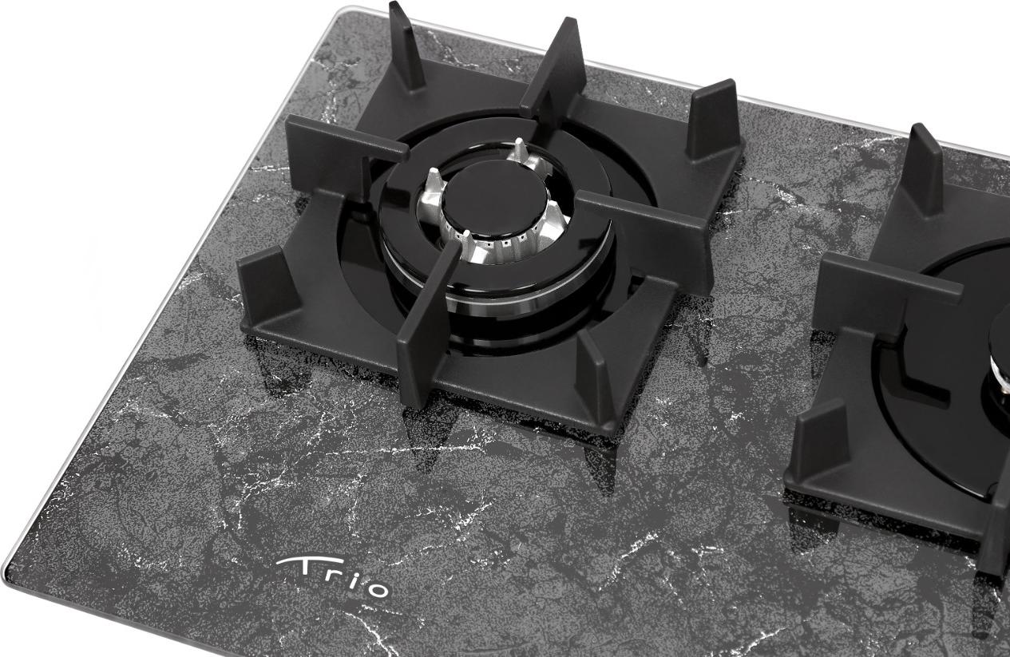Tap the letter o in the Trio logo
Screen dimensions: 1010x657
point(377,589)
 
